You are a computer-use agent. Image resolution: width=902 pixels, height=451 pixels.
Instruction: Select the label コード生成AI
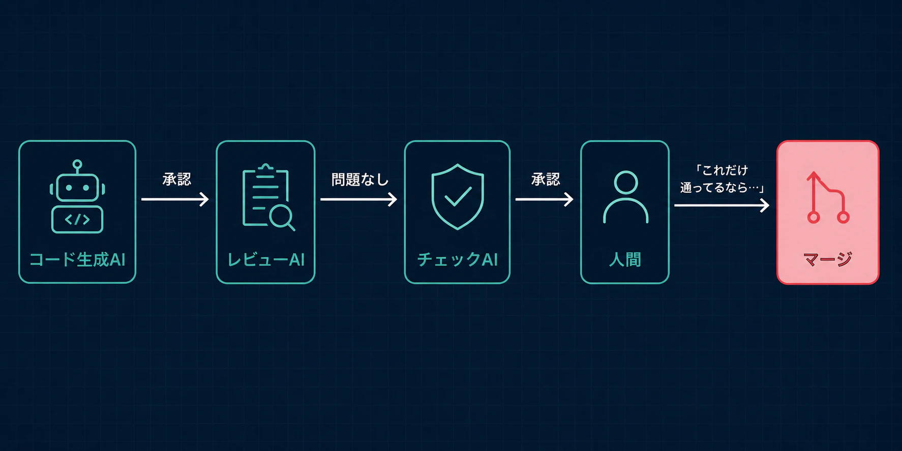pyautogui.click(x=77, y=260)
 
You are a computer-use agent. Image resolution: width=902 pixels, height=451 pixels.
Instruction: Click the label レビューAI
pyautogui.click(x=265, y=260)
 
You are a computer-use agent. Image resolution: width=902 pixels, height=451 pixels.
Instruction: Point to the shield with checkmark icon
pyautogui.click(x=458, y=196)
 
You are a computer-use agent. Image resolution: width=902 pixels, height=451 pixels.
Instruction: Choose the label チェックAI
pyautogui.click(x=458, y=260)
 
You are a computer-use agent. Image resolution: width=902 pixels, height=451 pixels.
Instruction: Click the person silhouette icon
pyautogui.click(x=625, y=197)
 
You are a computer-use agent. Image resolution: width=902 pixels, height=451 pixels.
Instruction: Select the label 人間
pyautogui.click(x=625, y=260)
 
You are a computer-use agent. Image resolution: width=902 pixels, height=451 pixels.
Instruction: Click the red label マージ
pyautogui.click(x=828, y=259)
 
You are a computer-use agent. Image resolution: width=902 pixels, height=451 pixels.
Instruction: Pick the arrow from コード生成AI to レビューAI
pyautogui.click(x=175, y=199)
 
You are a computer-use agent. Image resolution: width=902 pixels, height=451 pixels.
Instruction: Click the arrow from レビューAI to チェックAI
pyautogui.click(x=358, y=199)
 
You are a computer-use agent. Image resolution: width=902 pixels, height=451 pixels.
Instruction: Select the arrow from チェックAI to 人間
pyautogui.click(x=544, y=199)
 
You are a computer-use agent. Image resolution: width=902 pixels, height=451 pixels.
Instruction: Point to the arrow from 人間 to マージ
pyautogui.click(x=721, y=205)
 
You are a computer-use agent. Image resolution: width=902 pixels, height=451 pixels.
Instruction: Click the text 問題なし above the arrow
pyautogui.click(x=360, y=179)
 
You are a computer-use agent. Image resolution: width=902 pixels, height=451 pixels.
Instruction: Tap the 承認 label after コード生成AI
pyautogui.click(x=176, y=179)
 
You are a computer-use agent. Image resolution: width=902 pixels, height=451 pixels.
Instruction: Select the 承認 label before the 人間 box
pyautogui.click(x=546, y=179)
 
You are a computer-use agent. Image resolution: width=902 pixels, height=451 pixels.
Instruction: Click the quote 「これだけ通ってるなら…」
pyautogui.click(x=722, y=179)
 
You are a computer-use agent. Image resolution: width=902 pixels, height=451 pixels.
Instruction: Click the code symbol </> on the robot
pyautogui.click(x=77, y=220)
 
